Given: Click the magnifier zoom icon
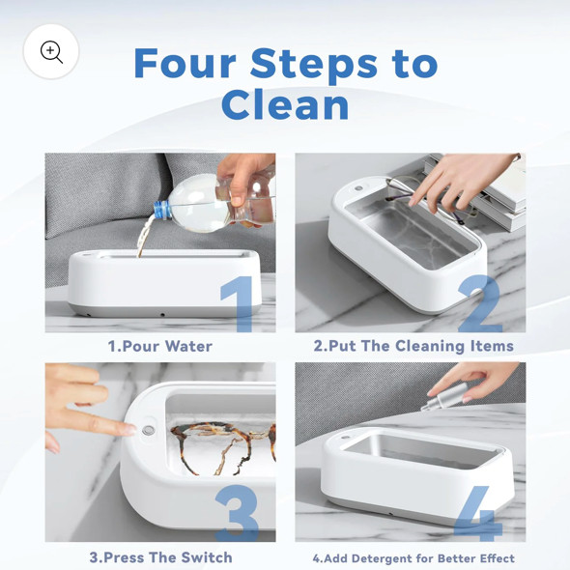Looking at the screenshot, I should coord(51,52).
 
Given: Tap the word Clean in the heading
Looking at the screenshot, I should coord(285,105).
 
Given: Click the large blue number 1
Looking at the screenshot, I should coord(236,305).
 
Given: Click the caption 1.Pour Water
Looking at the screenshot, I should coord(159,346).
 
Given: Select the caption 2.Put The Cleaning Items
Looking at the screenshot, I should coord(413,346).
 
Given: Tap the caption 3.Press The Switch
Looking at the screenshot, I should coord(160,557).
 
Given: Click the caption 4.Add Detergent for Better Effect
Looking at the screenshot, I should coord(413,558).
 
